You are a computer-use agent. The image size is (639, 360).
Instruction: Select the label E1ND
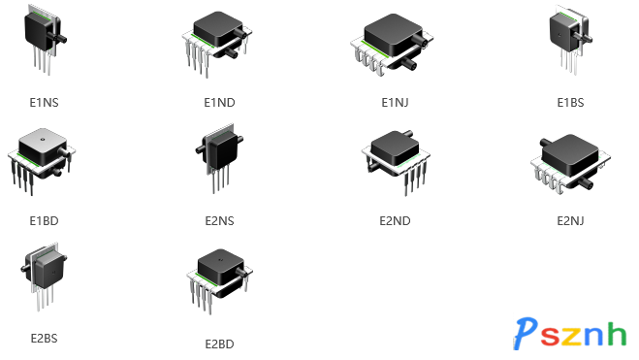220,102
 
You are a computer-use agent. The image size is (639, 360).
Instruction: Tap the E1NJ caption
396,102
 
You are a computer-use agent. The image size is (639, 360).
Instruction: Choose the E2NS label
220,220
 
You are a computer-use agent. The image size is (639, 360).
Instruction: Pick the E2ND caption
396,220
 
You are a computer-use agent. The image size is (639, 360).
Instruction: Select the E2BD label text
220,344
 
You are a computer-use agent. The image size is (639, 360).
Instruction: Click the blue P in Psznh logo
526,335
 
